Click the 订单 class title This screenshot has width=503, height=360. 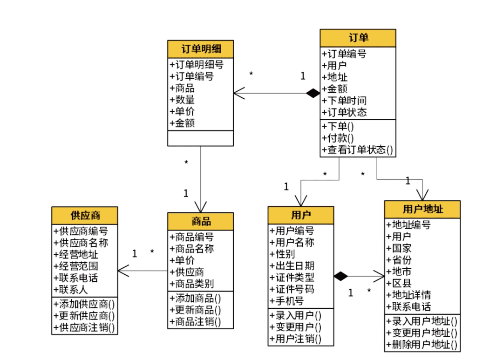(358, 38)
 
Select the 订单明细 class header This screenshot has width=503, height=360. (200, 49)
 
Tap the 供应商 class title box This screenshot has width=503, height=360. (85, 216)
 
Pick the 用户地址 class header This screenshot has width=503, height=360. (422, 209)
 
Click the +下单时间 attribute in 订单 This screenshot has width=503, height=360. (345, 101)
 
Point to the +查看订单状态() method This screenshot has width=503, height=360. (358, 150)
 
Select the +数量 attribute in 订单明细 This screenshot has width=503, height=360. (183, 100)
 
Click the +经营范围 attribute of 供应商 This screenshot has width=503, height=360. (76, 266)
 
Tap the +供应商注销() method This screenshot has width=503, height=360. (84, 327)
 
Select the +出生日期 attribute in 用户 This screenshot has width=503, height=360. (292, 265)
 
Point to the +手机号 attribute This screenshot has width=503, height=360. (287, 301)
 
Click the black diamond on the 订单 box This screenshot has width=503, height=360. (313, 93)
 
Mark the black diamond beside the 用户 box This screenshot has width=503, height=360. (341, 276)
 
